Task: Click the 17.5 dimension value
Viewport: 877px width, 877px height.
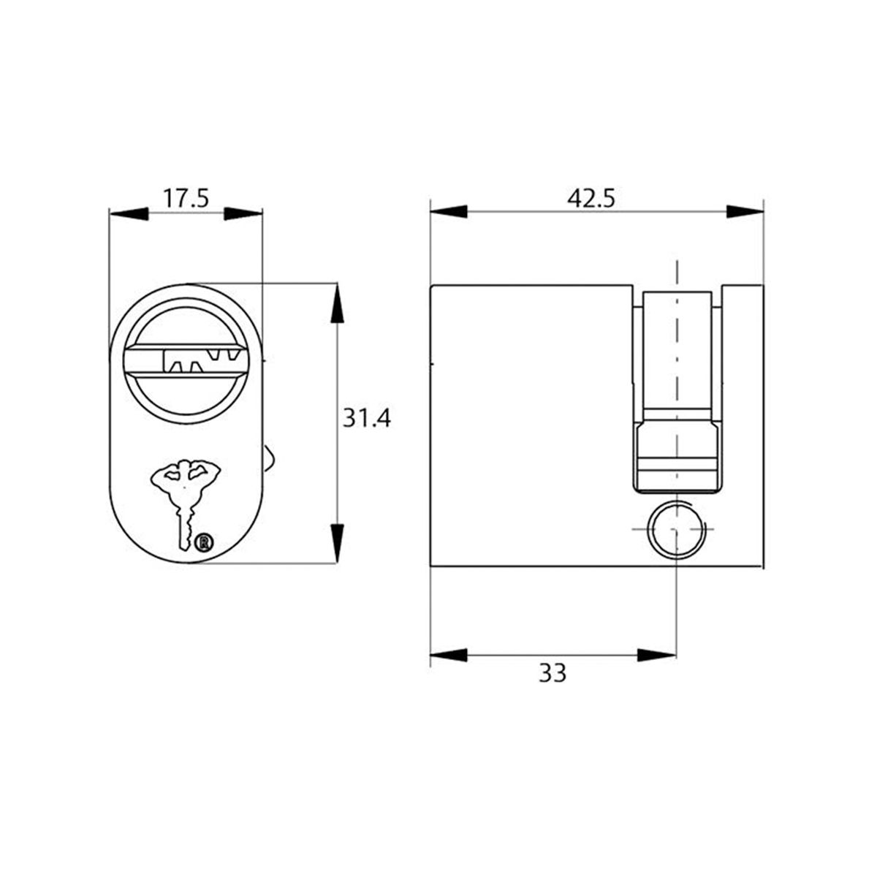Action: point(186,198)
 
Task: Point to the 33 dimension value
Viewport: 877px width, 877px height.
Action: point(553,673)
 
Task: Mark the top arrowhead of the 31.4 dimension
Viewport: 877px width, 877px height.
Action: point(336,303)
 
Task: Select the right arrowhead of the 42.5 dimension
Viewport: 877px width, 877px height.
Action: point(745,211)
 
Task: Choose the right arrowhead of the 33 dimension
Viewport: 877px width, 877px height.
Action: point(657,654)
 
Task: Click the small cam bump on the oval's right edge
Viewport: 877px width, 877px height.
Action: point(269,460)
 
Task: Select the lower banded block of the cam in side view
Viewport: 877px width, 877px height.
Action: point(677,457)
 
